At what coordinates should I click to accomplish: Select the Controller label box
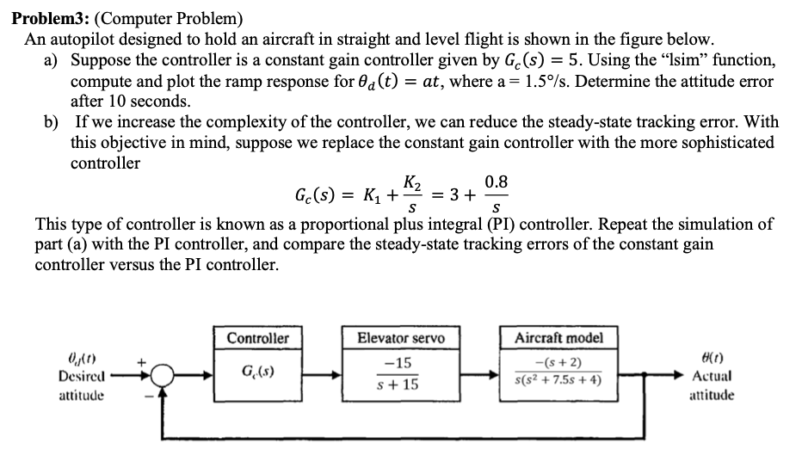(x=257, y=337)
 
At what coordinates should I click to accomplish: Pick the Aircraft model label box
(x=557, y=337)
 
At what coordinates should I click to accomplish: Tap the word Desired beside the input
(x=79, y=376)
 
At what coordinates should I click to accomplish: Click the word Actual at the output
(x=710, y=376)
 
